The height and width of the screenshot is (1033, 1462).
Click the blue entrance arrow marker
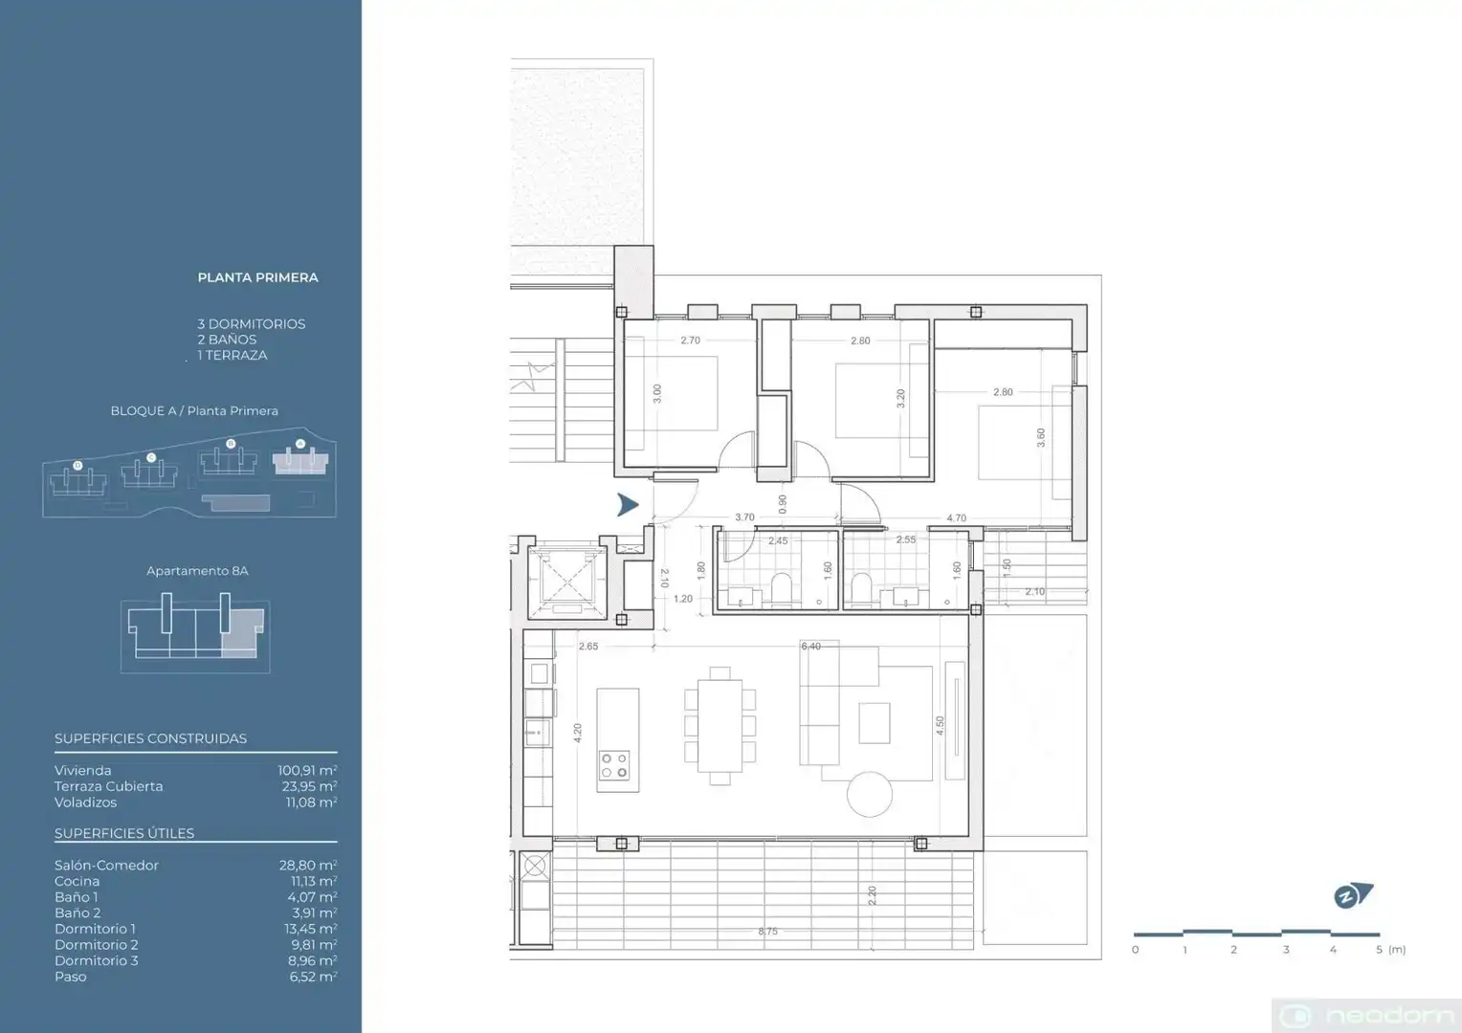point(628,504)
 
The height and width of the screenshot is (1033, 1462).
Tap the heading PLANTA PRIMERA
point(257,277)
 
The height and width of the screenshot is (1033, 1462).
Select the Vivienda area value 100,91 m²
point(307,770)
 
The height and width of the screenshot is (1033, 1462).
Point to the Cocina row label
point(77,881)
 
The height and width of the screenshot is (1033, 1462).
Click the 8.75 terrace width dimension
point(767,932)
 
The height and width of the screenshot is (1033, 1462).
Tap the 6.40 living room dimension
point(810,646)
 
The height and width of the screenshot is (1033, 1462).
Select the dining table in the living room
point(720,726)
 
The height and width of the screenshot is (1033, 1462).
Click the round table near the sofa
point(870,794)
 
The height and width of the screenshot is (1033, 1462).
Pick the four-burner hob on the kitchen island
point(614,765)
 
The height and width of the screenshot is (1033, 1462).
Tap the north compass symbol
point(1352,895)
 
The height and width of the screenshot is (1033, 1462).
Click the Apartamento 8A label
point(197,571)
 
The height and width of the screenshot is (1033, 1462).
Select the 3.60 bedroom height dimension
point(1041,437)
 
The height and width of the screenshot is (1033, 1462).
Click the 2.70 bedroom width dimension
point(690,340)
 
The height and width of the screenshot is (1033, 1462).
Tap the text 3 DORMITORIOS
point(252,323)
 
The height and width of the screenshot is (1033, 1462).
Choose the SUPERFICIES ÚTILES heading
point(124,833)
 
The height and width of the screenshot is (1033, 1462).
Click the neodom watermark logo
point(1366,1016)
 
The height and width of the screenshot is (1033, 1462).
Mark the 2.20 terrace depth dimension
point(872,895)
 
